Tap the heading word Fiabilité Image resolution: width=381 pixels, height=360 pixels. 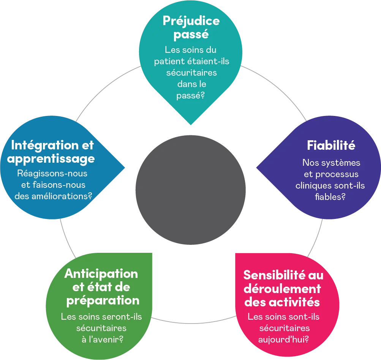click(x=330, y=145)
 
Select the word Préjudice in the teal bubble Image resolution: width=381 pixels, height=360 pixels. click(x=191, y=21)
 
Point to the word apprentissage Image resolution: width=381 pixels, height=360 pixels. click(x=51, y=159)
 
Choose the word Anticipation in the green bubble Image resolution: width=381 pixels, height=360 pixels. click(x=101, y=273)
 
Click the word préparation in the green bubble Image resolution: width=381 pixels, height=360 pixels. click(x=103, y=300)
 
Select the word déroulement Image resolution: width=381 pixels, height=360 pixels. click(x=282, y=289)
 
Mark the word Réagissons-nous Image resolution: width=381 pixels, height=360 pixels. click(x=52, y=173)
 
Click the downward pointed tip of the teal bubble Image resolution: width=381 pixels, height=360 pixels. click(x=190, y=125)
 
